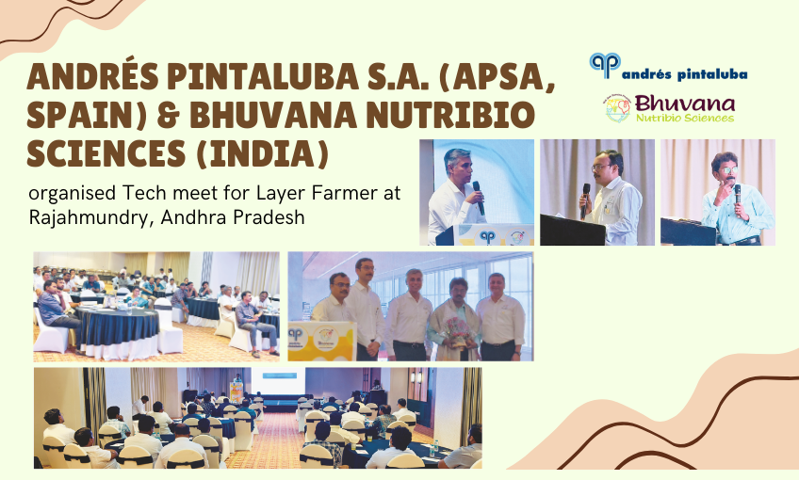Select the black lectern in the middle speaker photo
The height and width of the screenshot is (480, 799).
point(571,231)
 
